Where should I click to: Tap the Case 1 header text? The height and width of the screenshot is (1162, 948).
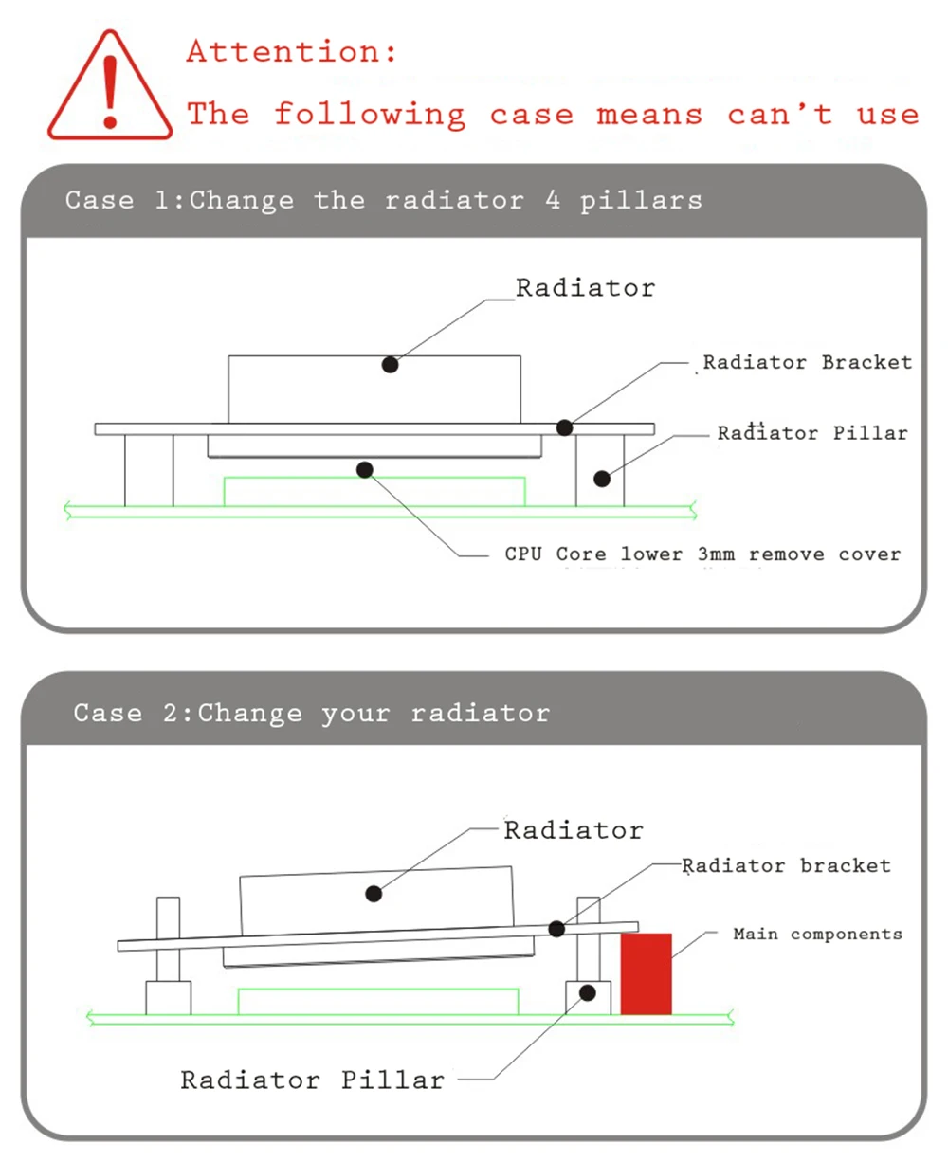pos(384,201)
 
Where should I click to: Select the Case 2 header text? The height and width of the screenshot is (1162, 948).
pos(311,713)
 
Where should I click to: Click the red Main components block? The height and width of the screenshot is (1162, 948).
pos(647,973)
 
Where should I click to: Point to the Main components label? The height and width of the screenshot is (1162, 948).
pos(817,935)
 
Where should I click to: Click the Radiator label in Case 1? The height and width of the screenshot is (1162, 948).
pos(585,288)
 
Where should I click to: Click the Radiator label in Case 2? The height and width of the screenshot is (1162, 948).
pos(574,831)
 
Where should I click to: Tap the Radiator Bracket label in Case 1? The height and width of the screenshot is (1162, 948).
pos(807,362)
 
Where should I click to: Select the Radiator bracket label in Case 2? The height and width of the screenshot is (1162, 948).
pos(787,865)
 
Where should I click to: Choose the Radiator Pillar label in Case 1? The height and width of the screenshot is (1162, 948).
pos(812,433)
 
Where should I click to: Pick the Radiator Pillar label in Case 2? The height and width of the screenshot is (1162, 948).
pos(312,1080)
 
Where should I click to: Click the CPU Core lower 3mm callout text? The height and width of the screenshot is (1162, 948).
pos(702,554)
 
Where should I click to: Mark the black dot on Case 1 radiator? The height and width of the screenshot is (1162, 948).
pos(390,365)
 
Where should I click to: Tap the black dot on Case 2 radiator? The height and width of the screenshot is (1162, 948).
pos(374,893)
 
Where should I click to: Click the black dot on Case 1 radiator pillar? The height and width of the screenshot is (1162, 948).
pos(602,479)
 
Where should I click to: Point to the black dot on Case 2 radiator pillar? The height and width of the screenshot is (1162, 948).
pos(588,993)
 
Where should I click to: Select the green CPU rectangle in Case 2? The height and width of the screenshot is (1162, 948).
pos(378,1002)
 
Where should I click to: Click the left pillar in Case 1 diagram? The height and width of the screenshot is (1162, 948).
pos(149,470)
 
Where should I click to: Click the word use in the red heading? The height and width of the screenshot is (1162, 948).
pos(887,116)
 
